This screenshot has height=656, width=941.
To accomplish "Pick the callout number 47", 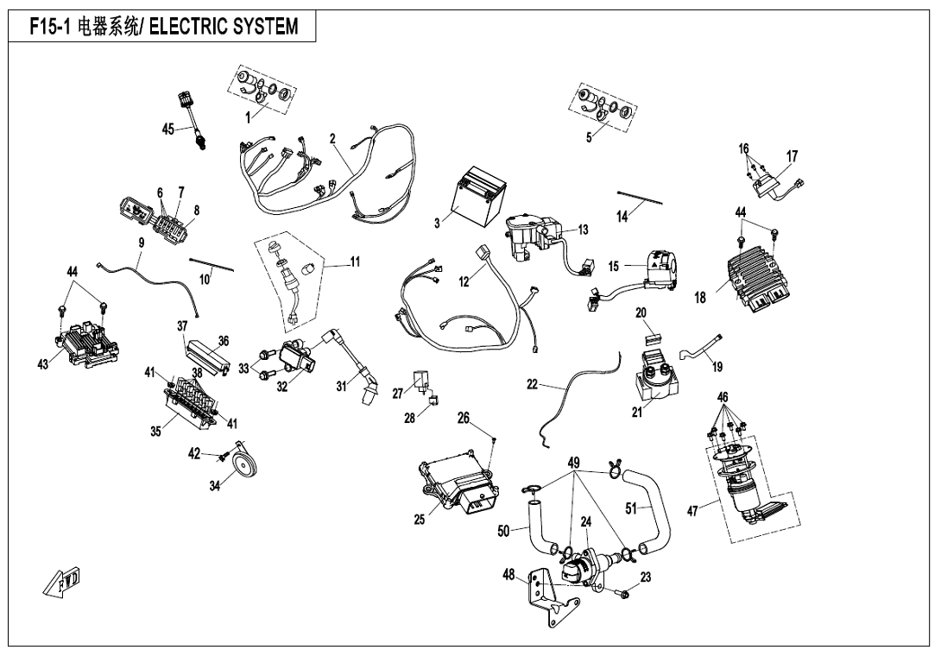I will click(693, 512).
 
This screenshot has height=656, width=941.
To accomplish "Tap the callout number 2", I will click(332, 138).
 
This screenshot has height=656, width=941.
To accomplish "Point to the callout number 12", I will click(464, 282).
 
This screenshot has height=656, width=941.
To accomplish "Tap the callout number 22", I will click(532, 385).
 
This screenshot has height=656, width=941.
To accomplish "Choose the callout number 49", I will click(573, 463).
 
